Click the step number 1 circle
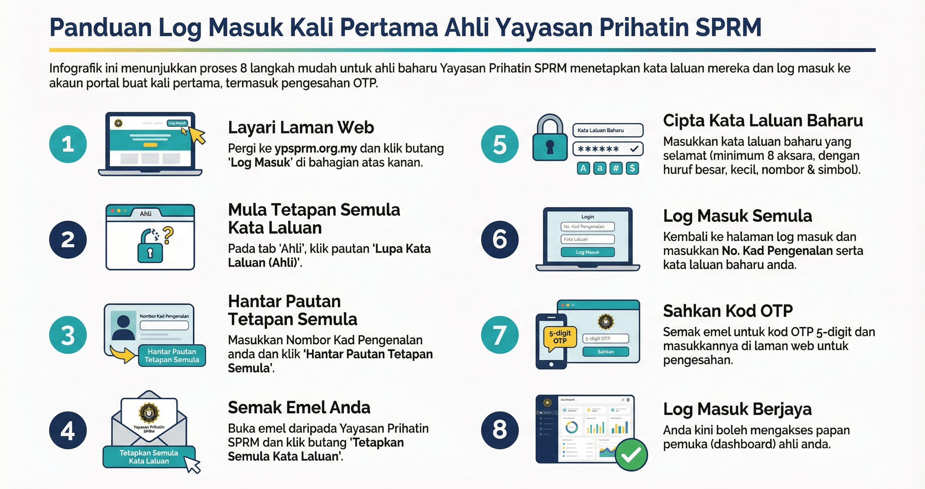tap(68, 144)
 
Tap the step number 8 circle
tap(499, 430)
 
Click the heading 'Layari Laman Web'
tap(301, 127)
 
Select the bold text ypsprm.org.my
tap(316, 148)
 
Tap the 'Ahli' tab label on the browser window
tap(146, 214)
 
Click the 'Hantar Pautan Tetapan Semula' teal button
tap(172, 356)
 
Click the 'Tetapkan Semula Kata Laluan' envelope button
tap(149, 457)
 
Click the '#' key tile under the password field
tap(616, 168)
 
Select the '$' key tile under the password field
tap(632, 168)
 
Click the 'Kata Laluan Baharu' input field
tap(608, 130)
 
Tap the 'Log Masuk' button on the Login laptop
tap(588, 252)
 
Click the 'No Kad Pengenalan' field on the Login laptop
tap(588, 227)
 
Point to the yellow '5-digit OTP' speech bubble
tap(560, 337)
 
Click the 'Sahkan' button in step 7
tap(605, 352)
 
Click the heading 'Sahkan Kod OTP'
tap(727, 311)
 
